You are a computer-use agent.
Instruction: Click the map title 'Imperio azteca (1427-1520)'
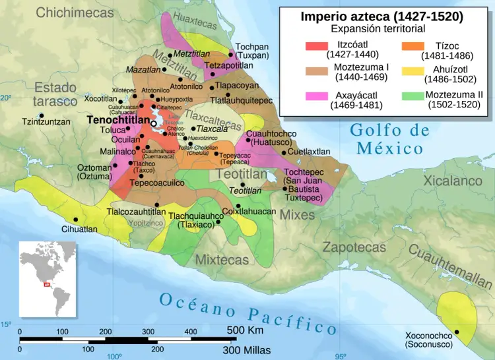381,16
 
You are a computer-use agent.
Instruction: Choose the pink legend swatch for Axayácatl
316,96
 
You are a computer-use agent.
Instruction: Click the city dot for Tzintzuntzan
42,116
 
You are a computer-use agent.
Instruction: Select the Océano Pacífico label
244,313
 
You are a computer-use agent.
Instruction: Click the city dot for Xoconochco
457,332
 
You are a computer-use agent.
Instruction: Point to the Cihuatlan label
79,229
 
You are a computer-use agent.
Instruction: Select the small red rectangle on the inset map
46,285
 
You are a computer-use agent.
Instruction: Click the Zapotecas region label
354,247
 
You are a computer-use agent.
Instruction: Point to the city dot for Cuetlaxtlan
284,152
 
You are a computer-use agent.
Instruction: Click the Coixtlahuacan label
249,212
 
